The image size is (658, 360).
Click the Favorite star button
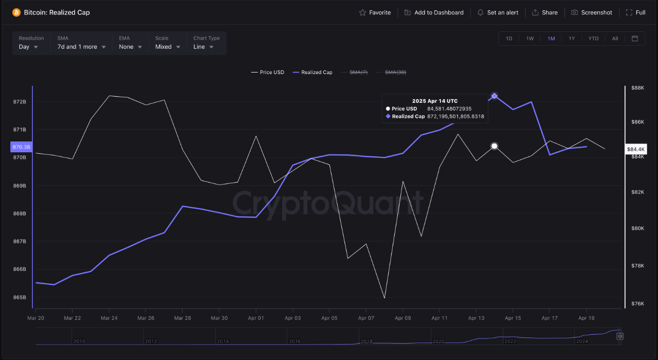pos(375,12)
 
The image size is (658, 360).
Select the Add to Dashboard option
pos(434,12)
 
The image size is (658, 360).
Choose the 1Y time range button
pos(572,39)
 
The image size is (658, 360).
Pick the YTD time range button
pos(593,39)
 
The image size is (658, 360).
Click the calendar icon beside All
pos(635,39)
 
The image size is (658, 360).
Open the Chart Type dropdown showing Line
pos(204,47)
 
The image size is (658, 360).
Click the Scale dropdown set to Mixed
pos(168,47)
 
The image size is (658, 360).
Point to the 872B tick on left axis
pos(20,102)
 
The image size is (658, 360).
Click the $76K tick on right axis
pos(637,303)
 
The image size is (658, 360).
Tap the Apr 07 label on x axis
pos(366,318)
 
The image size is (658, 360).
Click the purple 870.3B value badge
pos(21,147)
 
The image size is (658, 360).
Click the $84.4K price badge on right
pos(635,149)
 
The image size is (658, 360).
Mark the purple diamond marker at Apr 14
pos(494,96)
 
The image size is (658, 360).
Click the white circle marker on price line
pos(494,146)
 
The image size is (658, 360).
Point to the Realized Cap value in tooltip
pos(455,117)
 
